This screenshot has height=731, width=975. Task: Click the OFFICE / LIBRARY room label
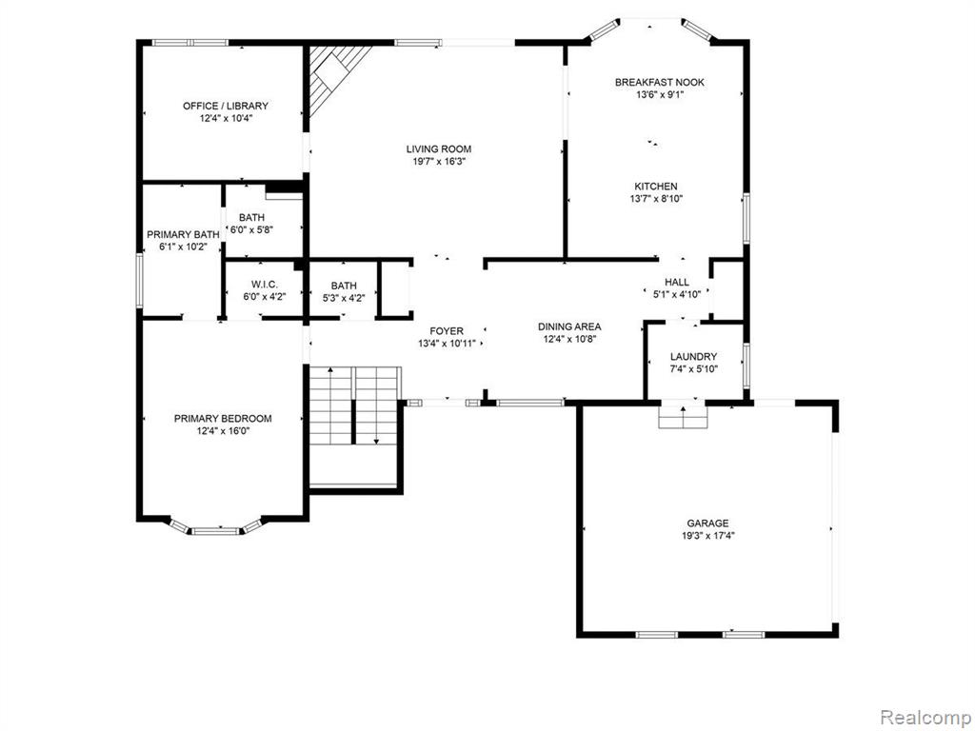point(226,106)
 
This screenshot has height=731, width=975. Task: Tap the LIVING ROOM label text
point(439,149)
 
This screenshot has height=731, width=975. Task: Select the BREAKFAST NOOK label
point(660,82)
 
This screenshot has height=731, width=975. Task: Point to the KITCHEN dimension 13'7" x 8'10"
point(656,199)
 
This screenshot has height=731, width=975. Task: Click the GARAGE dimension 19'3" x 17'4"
point(707,535)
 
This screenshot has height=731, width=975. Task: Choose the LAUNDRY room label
point(693,357)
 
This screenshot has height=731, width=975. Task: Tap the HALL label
point(677,282)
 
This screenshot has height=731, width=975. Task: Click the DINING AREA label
point(569,327)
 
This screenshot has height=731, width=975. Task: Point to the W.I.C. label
point(265,285)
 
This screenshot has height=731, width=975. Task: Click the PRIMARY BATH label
point(183,235)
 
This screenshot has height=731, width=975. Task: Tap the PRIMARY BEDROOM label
point(223,419)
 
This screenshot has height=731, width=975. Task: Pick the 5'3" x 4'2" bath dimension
point(344,298)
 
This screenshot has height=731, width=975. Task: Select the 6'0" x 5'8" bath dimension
point(251,229)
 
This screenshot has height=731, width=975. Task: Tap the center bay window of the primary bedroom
point(214,531)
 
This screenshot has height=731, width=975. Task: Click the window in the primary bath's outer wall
point(140,280)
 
